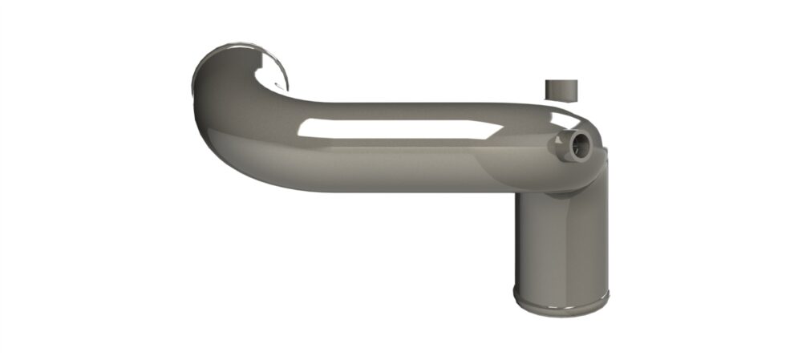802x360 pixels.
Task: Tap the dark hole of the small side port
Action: pos(580,144)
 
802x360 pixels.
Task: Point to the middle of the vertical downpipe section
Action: pos(557,241)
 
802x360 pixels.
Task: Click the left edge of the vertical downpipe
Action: pos(516,241)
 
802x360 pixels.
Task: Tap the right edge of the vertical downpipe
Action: pos(597,241)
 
